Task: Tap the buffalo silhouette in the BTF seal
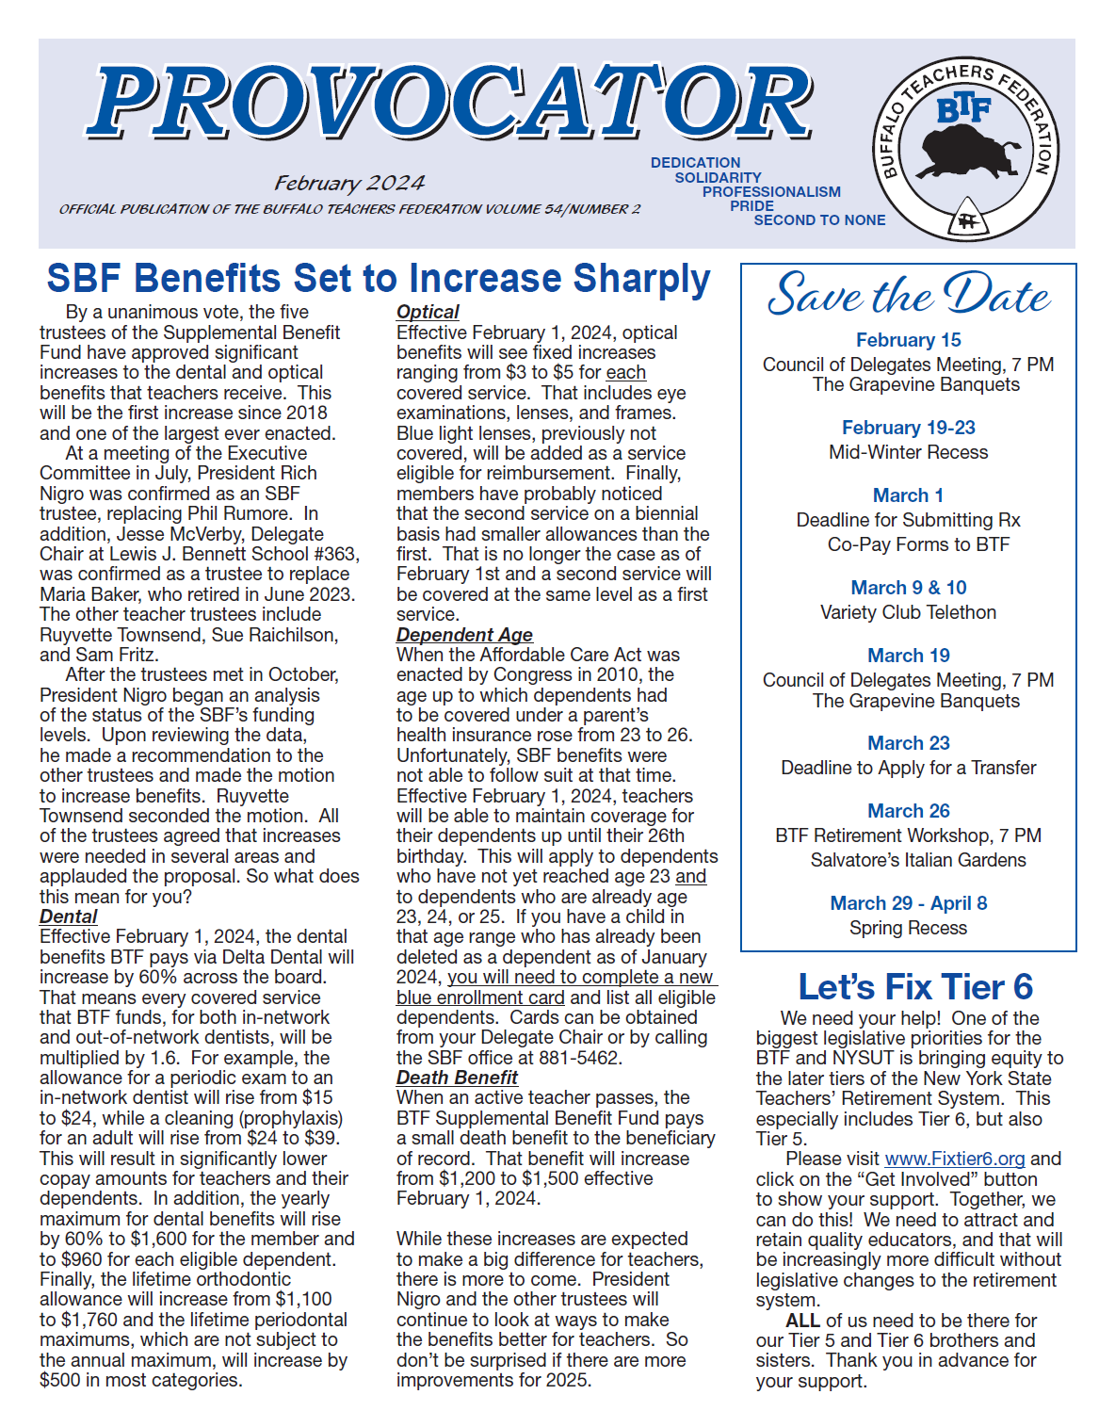(967, 151)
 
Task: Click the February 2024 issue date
(349, 183)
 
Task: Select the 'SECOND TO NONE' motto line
(819, 220)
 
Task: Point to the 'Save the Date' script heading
(908, 295)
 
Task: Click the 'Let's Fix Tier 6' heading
(915, 986)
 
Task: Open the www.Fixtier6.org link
(955, 1159)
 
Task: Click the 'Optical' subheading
(428, 312)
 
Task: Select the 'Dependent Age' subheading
(464, 635)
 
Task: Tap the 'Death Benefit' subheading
(457, 1078)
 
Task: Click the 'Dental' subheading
(68, 916)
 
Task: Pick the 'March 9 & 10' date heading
(909, 588)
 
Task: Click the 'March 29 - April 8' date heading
(908, 903)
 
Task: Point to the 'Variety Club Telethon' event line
(908, 612)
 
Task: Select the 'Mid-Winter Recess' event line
(908, 452)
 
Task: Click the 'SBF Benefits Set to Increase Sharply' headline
(379, 279)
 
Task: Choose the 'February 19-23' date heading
(908, 428)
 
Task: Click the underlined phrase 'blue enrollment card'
(480, 997)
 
